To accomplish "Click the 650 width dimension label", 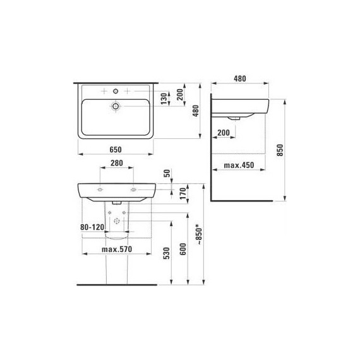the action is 116,150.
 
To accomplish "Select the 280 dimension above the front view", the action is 117,163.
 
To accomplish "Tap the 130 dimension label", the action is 164,99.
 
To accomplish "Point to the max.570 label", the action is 117,249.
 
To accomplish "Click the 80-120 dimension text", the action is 92,227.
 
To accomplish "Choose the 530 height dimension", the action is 167,253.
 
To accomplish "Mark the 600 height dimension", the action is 183,249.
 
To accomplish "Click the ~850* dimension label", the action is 199,236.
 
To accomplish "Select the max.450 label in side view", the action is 239,165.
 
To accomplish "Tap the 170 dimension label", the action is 183,193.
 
